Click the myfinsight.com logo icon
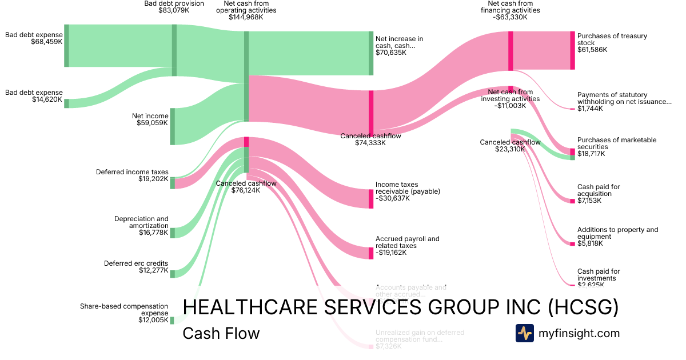[x=524, y=333]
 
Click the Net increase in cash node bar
[x=371, y=53]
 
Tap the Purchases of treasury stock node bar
[x=572, y=50]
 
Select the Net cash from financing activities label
[x=510, y=10]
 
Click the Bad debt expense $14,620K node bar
[x=66, y=103]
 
